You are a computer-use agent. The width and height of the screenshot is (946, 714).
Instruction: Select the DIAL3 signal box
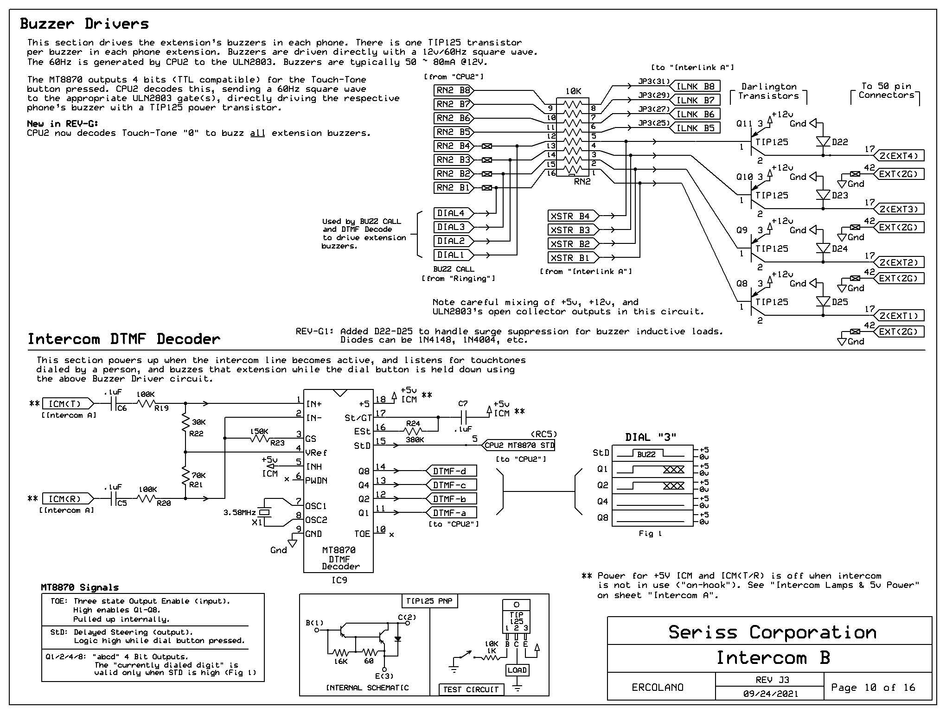click(x=454, y=227)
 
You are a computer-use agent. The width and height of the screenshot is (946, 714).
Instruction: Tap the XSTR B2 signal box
click(x=573, y=244)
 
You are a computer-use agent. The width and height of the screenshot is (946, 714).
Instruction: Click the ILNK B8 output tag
click(x=695, y=86)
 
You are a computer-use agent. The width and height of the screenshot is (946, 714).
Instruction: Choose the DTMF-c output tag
click(x=451, y=485)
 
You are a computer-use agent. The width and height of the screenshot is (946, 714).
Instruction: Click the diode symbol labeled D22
click(x=823, y=142)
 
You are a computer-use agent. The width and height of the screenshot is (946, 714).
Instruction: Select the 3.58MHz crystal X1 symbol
click(x=264, y=512)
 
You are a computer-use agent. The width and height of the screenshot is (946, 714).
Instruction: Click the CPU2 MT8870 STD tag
click(x=518, y=445)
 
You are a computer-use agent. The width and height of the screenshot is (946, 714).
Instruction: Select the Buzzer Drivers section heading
click(x=84, y=24)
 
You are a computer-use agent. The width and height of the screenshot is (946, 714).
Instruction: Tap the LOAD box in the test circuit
click(x=517, y=670)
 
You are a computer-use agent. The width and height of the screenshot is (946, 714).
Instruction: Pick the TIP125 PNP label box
click(x=430, y=601)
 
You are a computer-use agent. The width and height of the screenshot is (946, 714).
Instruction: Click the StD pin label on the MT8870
click(x=362, y=446)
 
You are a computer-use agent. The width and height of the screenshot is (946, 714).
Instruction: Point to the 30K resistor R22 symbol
click(x=185, y=423)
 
